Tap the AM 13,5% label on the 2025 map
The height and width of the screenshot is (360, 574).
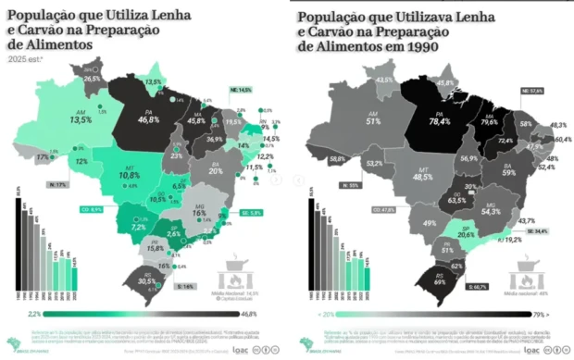tap(81, 116)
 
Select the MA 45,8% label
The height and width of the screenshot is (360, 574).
tap(196, 116)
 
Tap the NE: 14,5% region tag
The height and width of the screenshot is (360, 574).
tap(239, 90)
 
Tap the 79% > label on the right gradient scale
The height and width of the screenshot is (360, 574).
tap(550, 314)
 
